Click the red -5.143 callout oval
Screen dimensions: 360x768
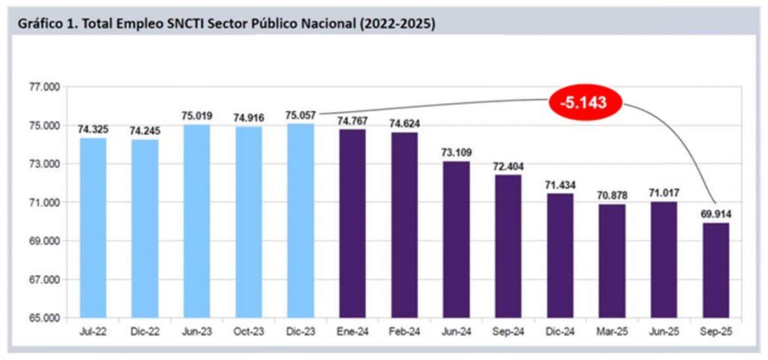(584, 101)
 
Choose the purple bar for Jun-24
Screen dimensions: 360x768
(456, 239)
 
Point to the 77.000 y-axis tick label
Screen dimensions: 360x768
(42, 87)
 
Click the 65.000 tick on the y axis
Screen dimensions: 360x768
(42, 318)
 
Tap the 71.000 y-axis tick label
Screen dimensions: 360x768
(42, 202)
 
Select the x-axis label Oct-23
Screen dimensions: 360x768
(248, 331)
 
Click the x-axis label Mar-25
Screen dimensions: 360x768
(611, 331)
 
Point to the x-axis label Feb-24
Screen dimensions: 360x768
(404, 331)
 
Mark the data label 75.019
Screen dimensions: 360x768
(196, 116)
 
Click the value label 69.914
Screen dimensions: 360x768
(715, 213)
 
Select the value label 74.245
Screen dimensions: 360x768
(145, 130)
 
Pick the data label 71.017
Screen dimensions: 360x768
(664, 193)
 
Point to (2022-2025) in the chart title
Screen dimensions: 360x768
(397, 24)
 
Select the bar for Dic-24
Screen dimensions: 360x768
(559, 255)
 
